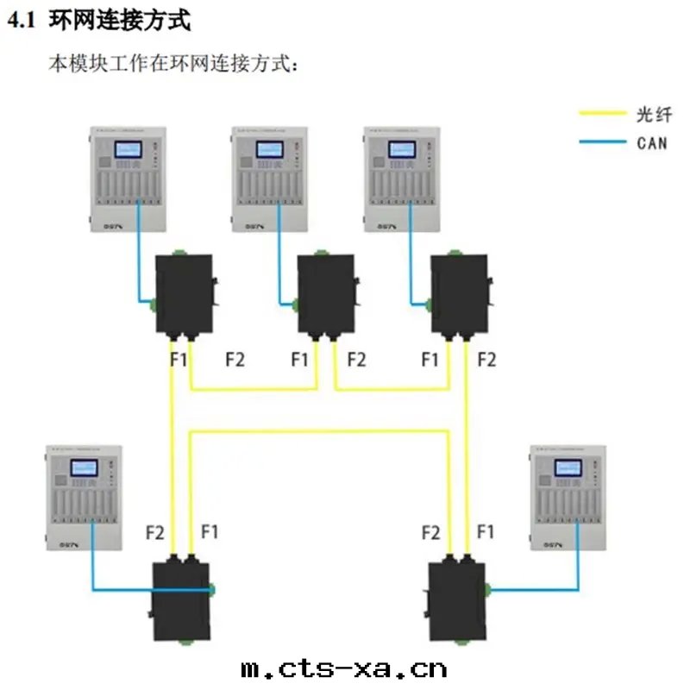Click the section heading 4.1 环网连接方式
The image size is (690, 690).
(99, 22)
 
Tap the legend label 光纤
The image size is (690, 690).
(652, 114)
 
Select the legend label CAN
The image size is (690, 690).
(652, 142)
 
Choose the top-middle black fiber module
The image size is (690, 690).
(326, 293)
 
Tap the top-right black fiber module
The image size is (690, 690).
(459, 293)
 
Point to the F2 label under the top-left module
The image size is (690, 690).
(234, 360)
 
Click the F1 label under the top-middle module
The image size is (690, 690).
(299, 360)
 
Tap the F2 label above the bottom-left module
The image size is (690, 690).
(154, 533)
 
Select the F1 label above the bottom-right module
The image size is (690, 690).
(486, 532)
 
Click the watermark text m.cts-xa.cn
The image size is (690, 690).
(343, 668)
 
